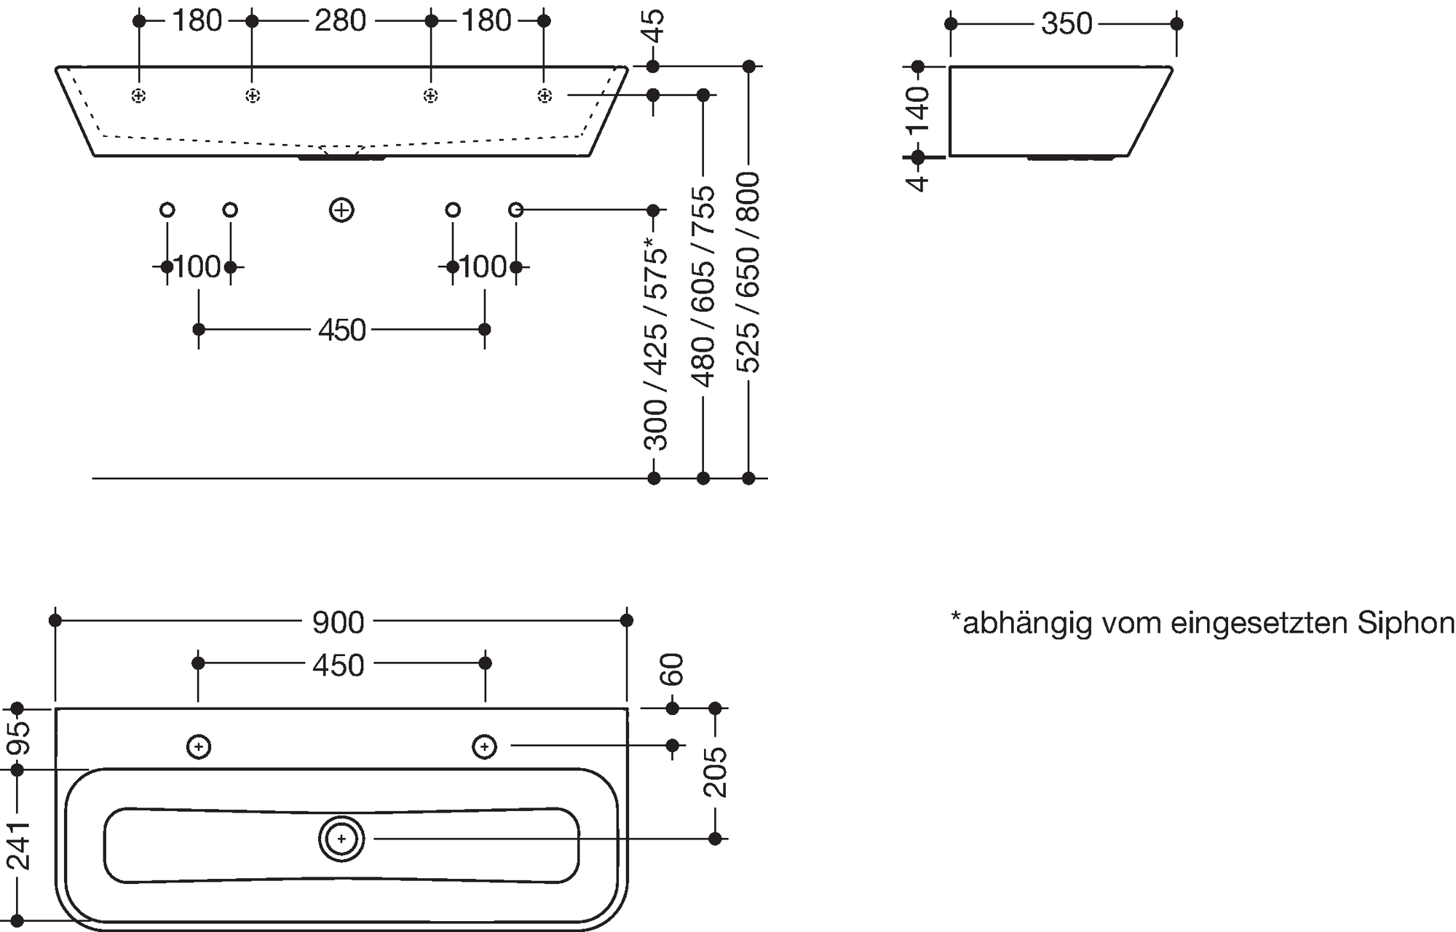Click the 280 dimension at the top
(340, 21)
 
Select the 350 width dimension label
(1067, 24)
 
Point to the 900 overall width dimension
(338, 622)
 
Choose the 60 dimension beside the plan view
(673, 669)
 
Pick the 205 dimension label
(716, 772)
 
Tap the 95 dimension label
(18, 738)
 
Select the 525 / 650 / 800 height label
(748, 273)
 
